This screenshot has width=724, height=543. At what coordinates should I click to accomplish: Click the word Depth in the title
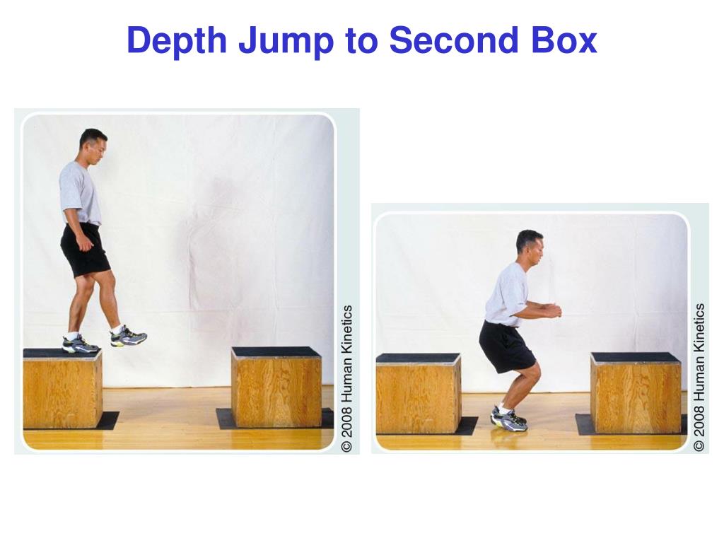(177, 41)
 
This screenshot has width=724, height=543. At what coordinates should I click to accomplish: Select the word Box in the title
(563, 41)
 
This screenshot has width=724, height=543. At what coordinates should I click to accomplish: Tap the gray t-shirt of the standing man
(79, 192)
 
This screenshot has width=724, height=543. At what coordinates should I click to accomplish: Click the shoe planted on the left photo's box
(80, 345)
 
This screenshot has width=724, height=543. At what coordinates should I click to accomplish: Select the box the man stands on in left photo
(62, 389)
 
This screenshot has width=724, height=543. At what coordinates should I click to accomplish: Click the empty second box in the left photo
(276, 387)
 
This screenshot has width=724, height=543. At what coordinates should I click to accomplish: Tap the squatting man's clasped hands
(552, 310)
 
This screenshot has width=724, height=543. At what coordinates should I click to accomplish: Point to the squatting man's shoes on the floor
(509, 419)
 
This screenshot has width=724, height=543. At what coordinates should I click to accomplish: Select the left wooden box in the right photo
(418, 394)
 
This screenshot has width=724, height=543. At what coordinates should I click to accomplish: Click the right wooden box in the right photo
(636, 393)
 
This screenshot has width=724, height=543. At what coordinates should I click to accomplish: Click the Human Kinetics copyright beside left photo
(346, 378)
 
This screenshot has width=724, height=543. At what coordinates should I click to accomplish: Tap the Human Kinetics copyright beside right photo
(699, 378)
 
